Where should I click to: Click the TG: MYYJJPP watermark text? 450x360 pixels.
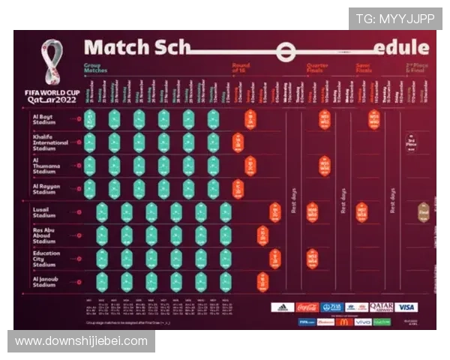394,19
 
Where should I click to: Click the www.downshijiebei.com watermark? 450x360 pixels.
81,341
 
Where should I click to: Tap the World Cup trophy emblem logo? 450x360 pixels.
52,62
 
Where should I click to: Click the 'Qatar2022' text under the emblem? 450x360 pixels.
51,99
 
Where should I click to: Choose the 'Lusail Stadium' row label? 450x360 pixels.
44,212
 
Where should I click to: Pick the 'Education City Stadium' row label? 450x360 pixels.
46,258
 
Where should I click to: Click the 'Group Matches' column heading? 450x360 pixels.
95,68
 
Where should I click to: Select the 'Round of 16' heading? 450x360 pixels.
241,68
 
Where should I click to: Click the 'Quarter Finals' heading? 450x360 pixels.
317,68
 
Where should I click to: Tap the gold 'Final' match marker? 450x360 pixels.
423,212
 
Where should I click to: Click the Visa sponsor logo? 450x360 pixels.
406,307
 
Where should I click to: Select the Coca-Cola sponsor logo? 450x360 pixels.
307,307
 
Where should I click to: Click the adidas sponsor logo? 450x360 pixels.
283,307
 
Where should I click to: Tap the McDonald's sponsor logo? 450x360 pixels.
343,322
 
